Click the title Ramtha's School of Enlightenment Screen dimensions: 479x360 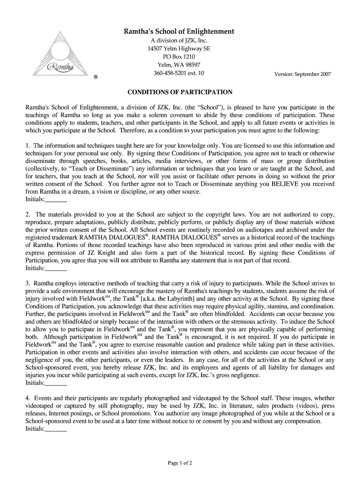click(x=179, y=32)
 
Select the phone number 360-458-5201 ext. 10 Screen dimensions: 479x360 click(x=179, y=73)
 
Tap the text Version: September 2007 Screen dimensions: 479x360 click(x=302, y=74)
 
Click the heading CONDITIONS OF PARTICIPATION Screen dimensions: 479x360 click(x=180, y=92)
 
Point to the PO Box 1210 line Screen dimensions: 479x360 click(x=179, y=57)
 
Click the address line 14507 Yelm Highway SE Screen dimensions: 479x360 click(x=179, y=49)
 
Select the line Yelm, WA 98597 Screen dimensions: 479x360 click(x=179, y=65)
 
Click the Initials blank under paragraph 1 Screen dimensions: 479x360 click(x=56, y=200)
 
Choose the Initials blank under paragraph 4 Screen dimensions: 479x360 click(x=56, y=429)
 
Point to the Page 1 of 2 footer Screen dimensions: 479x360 click(x=180, y=463)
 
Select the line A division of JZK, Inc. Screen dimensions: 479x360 click(x=179, y=41)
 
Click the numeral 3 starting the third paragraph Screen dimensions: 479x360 click(x=28, y=283)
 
